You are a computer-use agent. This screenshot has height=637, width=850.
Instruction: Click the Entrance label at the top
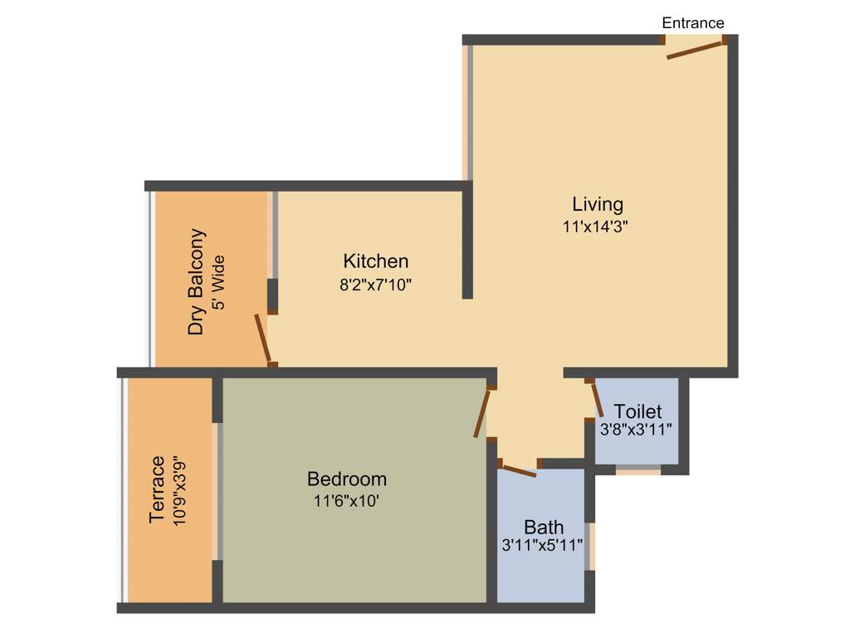pos(692,23)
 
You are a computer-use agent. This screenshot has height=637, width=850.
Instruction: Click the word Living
pos(597,204)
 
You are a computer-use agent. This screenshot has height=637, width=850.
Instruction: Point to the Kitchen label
pos(375,261)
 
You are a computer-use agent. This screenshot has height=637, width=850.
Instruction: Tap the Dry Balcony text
pos(196,281)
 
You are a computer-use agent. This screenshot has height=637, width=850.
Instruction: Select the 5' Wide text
pos(218,282)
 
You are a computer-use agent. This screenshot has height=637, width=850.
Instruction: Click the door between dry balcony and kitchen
pos(262,338)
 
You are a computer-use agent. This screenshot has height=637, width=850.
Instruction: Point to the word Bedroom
pos(346,479)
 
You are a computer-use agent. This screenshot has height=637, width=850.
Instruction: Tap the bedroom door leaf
pos(481,413)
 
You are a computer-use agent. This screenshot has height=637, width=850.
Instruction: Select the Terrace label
pos(157,489)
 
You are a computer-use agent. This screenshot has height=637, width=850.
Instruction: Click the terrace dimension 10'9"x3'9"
pos(179,489)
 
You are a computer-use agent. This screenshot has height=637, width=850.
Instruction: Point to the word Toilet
pos(637,411)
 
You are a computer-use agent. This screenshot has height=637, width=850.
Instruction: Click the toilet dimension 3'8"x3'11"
pos(636,430)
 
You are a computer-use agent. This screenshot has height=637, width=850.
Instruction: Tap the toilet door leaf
pos(597,400)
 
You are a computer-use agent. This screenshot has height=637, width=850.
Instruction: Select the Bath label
pos(544,527)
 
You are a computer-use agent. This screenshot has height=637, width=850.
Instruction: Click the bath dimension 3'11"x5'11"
pos(542,546)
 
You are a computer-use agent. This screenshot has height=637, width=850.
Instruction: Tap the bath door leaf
pos(519,469)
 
